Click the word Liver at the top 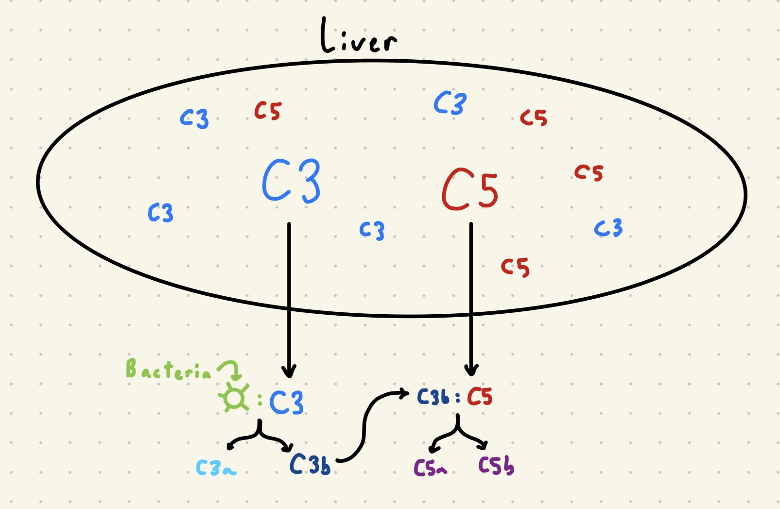pos(358,36)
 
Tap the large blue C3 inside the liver pos(291,181)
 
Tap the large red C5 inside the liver pos(470,190)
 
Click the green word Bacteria pos(168,370)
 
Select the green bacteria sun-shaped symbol pos(234,399)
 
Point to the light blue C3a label pos(216,468)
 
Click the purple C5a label pos(430,468)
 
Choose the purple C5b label pos(496,466)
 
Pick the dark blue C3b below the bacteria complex pos(310,465)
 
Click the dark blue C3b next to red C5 pos(433,397)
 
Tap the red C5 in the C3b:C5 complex pos(480,397)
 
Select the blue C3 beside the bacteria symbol pos(286,402)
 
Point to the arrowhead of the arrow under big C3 pos(289,372)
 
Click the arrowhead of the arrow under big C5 pos(471,371)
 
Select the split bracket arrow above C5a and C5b pos(457,433)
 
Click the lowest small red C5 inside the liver pos(515,267)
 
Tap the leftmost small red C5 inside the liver pos(268,111)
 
